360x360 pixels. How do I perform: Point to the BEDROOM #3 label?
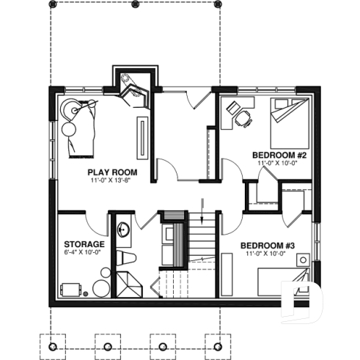coord(268,245)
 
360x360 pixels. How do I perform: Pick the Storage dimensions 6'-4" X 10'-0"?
coord(81,252)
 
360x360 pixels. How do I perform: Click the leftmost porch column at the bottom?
coord(52,345)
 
